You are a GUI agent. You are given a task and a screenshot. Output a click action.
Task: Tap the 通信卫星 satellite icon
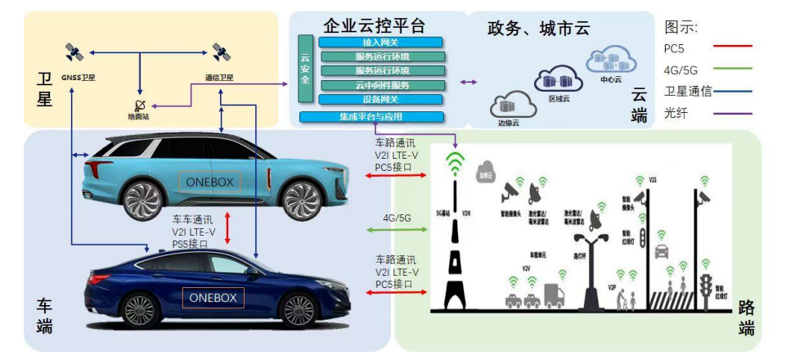(219, 53)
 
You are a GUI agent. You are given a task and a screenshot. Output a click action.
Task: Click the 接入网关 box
(381, 41)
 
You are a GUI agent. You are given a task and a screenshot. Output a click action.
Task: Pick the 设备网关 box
(381, 99)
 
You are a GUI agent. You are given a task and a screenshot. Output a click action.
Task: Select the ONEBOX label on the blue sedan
(212, 298)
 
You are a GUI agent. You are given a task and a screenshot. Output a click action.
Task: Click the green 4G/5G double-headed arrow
(397, 230)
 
